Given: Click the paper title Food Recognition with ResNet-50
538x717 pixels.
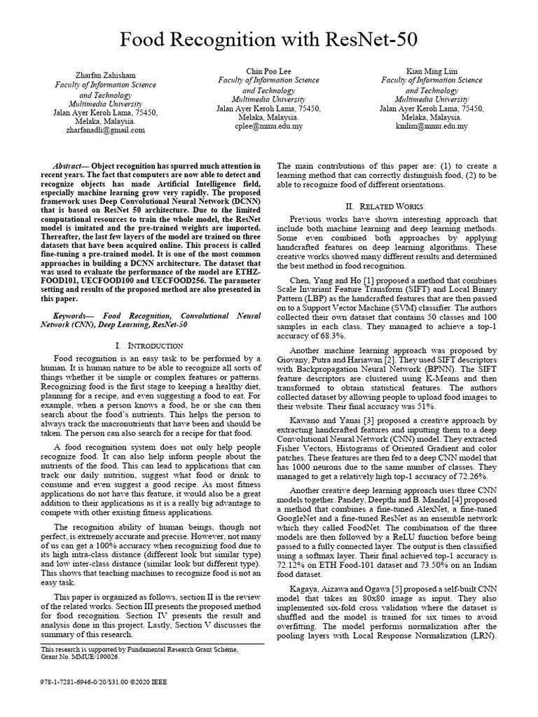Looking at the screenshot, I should point(269,41).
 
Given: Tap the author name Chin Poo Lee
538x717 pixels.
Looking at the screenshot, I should point(268,71).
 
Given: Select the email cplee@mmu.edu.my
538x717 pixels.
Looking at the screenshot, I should point(269,127).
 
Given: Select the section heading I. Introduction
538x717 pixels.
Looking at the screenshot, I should point(149,346).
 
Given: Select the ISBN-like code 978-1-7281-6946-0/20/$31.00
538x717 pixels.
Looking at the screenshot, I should point(76,681).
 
